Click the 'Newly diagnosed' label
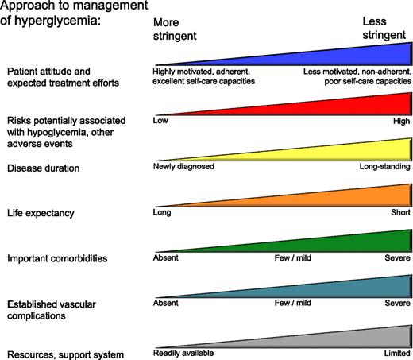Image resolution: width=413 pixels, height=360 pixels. pos(183,167)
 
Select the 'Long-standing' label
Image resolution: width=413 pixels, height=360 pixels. pos(384,167)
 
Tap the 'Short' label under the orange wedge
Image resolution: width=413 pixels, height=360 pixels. pos(399,213)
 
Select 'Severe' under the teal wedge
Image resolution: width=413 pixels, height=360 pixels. pos(396,304)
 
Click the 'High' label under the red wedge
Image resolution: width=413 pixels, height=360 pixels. pos(400,121)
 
